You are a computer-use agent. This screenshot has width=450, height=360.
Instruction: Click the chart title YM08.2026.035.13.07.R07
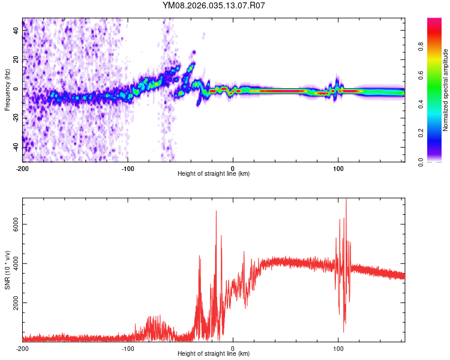[214, 6]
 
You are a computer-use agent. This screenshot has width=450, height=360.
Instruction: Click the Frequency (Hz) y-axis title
[7, 90]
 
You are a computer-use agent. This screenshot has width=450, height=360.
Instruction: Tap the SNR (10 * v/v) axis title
[7, 270]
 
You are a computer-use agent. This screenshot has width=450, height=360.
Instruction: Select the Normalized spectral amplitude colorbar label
[445, 90]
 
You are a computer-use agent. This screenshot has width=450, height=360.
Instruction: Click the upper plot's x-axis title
[214, 173]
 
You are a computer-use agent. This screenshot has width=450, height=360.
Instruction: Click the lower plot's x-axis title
[214, 353]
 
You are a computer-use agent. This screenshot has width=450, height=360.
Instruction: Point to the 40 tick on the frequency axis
[16, 31]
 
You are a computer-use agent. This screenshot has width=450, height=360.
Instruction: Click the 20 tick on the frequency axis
[16, 59]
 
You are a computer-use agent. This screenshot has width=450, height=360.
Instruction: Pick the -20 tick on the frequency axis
[16, 118]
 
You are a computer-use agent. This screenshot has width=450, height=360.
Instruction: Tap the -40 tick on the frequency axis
[16, 146]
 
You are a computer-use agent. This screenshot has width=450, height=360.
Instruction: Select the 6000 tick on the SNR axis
[16, 224]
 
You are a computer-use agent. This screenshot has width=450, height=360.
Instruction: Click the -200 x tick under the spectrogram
[22, 167]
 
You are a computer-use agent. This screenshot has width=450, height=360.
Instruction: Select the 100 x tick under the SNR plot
[338, 347]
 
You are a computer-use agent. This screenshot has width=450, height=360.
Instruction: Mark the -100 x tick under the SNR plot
[127, 347]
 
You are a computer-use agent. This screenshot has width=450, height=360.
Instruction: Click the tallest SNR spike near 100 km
[346, 200]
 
